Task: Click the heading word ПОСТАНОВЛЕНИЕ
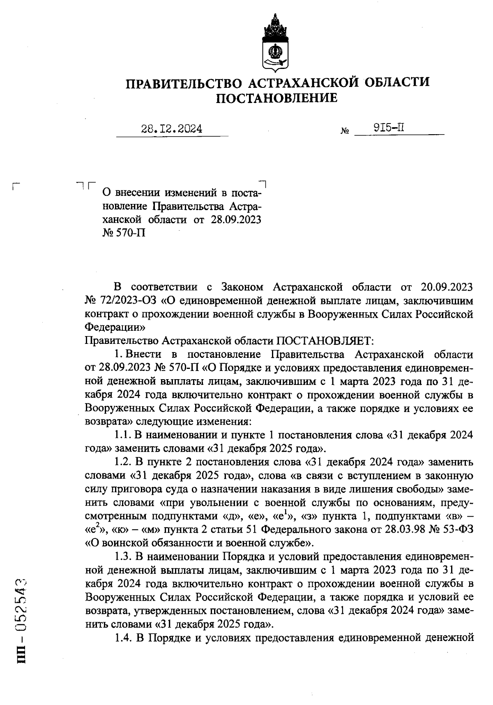click(x=277, y=98)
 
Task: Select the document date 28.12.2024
click(x=172, y=129)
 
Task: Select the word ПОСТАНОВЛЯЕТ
click(x=324, y=341)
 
